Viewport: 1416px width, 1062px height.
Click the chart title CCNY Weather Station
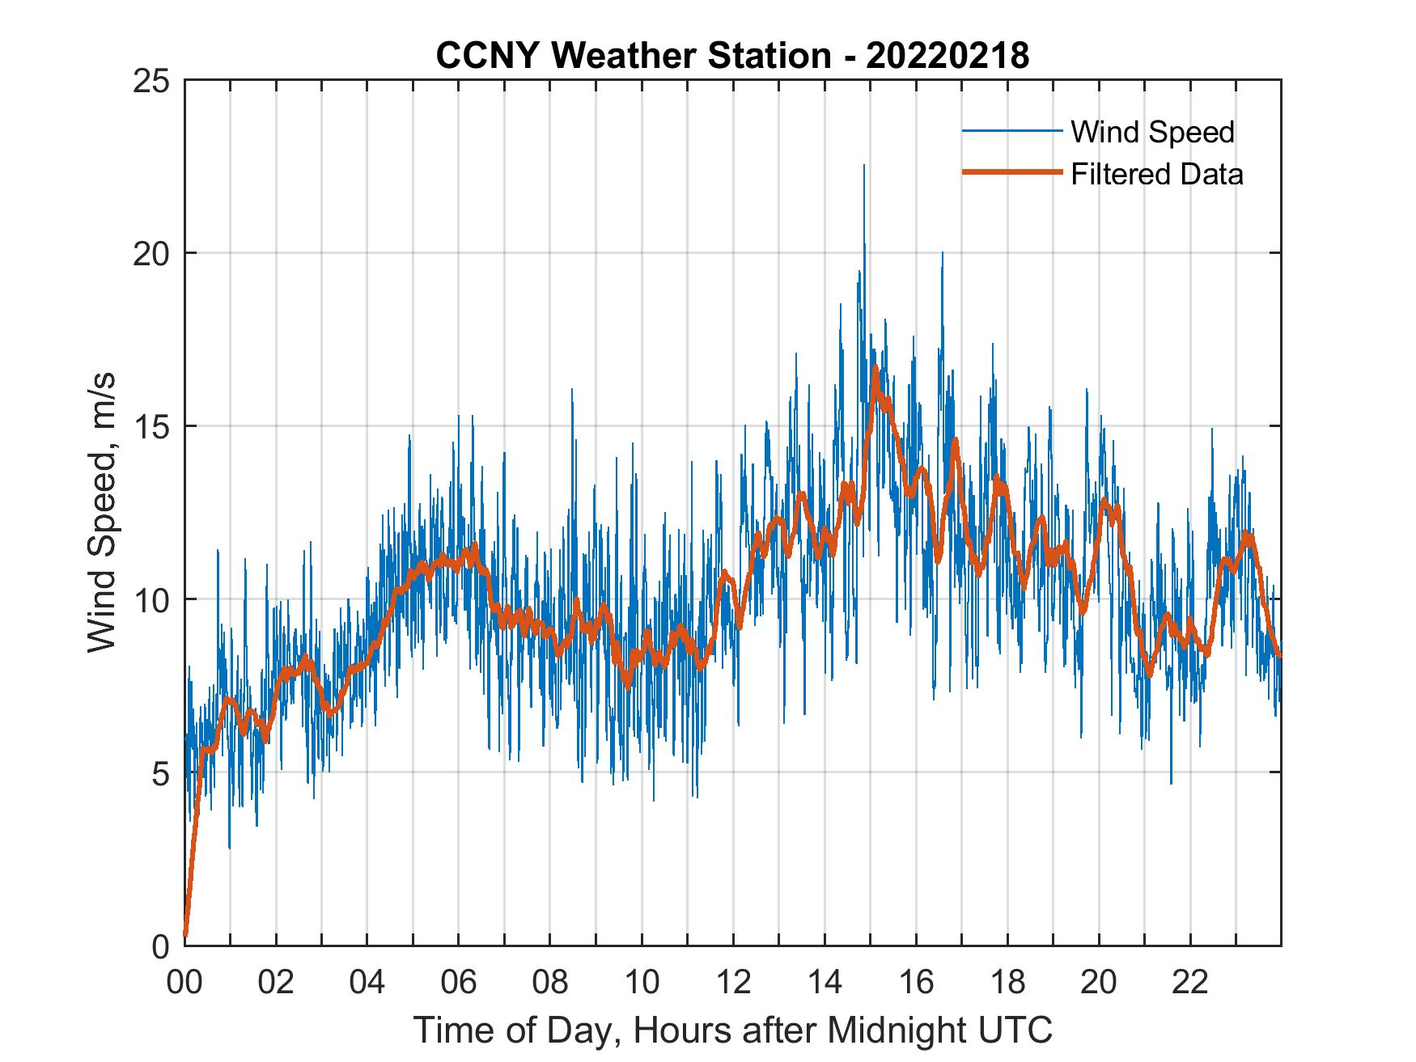(732, 56)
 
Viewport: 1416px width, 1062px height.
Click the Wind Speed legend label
(1152, 132)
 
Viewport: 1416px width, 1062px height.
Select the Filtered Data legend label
(1156, 174)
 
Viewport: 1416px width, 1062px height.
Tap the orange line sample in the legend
(1011, 172)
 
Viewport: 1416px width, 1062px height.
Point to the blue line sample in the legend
(1011, 131)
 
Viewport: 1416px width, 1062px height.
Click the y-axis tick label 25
(151, 81)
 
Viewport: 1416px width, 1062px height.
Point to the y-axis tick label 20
(151, 253)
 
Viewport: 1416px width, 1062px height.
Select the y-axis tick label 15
(151, 426)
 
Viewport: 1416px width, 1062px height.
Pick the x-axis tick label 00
(184, 984)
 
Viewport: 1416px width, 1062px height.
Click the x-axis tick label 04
(367, 984)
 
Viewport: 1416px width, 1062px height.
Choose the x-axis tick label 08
(550, 984)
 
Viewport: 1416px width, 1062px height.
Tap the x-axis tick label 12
(733, 984)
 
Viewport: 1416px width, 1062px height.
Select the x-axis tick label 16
(916, 984)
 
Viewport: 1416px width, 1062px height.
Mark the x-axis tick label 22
(1190, 984)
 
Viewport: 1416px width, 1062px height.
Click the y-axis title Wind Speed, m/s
(101, 512)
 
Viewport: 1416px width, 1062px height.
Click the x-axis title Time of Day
(732, 1030)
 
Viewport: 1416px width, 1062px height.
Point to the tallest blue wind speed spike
(863, 167)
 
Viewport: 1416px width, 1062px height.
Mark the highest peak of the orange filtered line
(875, 368)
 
